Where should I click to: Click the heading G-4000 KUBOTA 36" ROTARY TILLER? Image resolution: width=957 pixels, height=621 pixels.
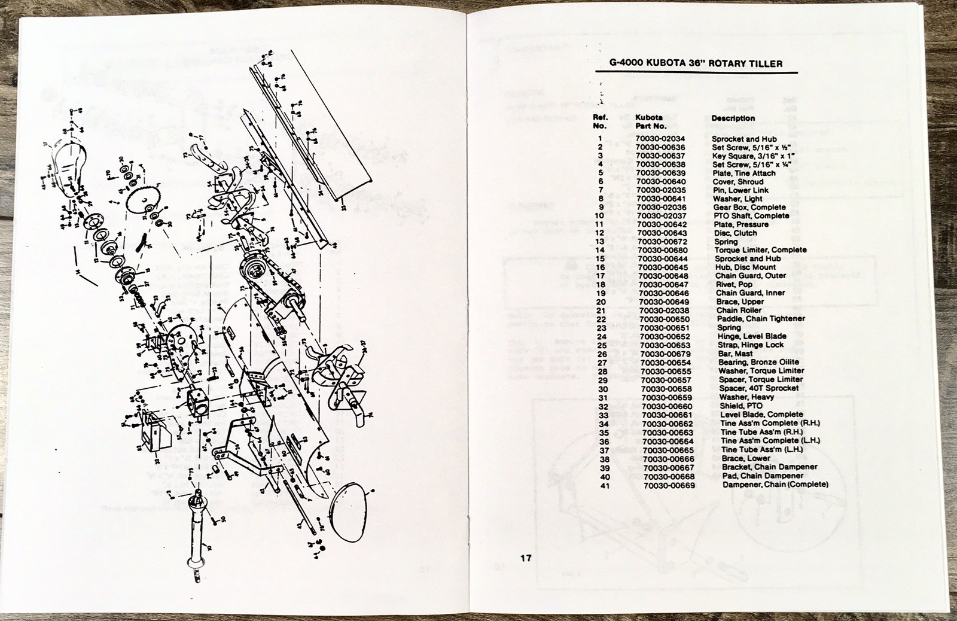pos(687,63)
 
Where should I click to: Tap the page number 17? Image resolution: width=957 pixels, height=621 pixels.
pos(526,559)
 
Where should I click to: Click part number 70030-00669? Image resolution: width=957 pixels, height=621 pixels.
pos(669,485)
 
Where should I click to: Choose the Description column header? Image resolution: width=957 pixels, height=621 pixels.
pos(733,118)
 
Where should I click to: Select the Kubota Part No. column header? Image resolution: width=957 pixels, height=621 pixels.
pos(651,122)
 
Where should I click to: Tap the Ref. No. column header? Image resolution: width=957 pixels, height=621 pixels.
pos(600,122)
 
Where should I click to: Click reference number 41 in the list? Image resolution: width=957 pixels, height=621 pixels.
pos(605,485)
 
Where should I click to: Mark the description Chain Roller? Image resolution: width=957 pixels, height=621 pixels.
pos(739,310)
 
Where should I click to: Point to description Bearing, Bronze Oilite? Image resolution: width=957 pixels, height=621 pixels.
pos(758,362)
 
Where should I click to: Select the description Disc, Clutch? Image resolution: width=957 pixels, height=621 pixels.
pos(735,233)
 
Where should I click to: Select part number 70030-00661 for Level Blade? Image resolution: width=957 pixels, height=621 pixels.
pos(667,414)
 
